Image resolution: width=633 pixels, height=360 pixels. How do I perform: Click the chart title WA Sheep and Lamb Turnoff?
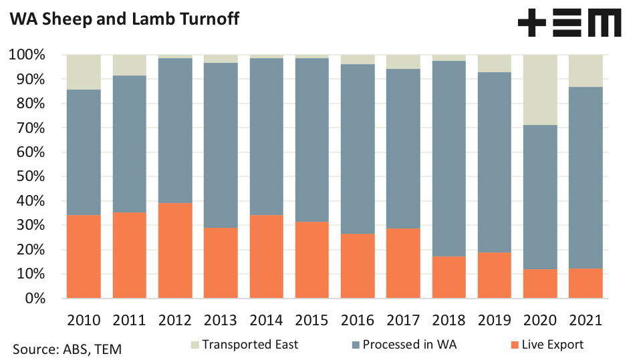pyautogui.click(x=124, y=19)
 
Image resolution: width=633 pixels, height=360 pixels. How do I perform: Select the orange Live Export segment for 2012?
pyautogui.click(x=175, y=250)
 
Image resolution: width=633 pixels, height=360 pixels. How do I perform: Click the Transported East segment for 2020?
pyautogui.click(x=540, y=89)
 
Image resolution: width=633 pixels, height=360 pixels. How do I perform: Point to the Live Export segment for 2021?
pyautogui.click(x=586, y=283)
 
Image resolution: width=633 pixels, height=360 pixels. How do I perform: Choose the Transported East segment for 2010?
pyautogui.click(x=84, y=72)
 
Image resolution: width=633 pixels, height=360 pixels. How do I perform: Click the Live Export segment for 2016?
pyautogui.click(x=358, y=266)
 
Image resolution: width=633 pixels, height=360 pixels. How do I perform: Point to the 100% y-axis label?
pyautogui.click(x=27, y=55)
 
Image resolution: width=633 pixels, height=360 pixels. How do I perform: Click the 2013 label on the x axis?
pyautogui.click(x=221, y=319)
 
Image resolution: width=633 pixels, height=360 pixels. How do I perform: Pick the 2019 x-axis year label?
pyautogui.click(x=494, y=319)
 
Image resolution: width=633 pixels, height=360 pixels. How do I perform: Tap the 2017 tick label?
pyautogui.click(x=403, y=319)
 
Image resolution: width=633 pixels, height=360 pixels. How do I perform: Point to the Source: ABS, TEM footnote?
pyautogui.click(x=67, y=349)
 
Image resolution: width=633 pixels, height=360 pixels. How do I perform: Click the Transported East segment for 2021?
pyautogui.click(x=586, y=71)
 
